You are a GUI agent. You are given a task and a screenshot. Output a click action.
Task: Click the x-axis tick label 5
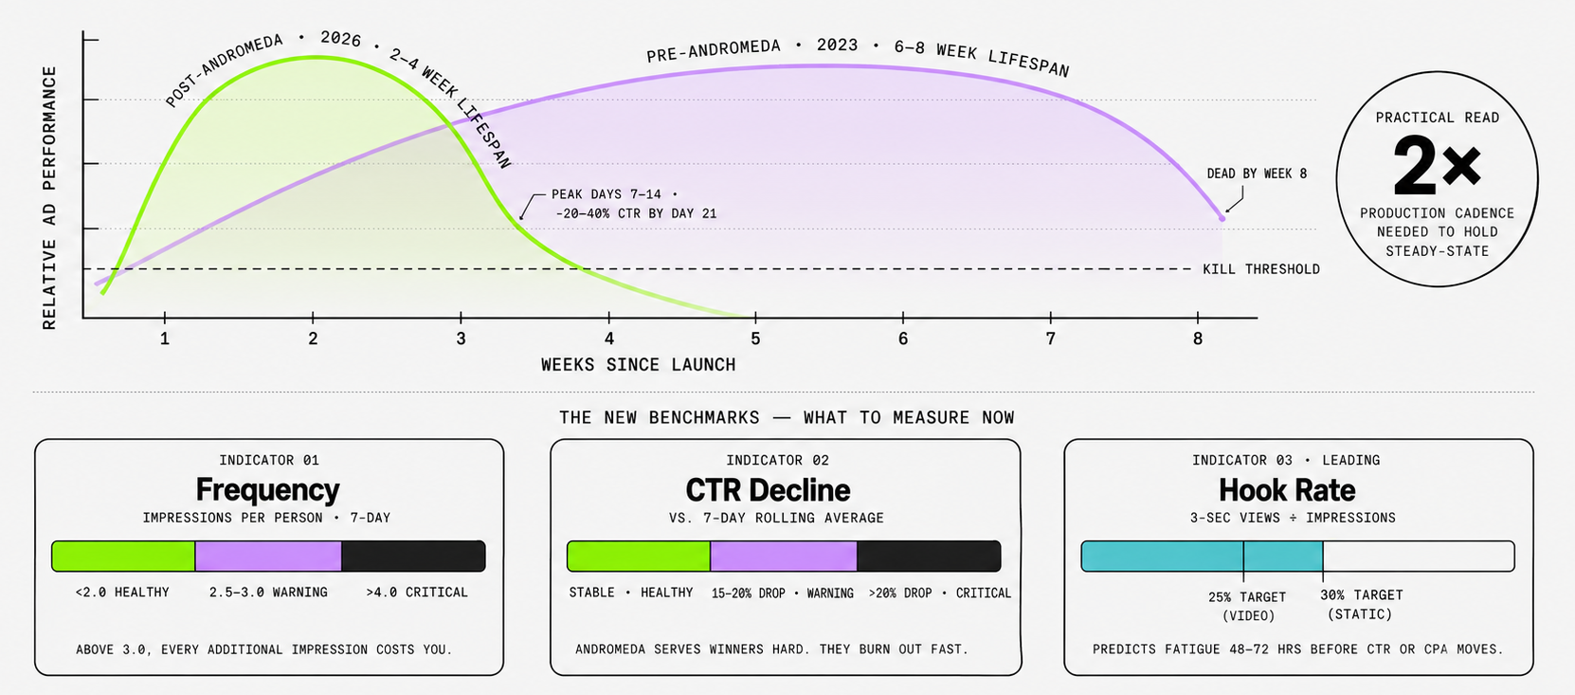coord(755,338)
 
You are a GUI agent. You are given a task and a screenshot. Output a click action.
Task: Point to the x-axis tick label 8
coord(1198,338)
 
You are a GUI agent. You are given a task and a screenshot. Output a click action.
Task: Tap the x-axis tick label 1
coord(165,338)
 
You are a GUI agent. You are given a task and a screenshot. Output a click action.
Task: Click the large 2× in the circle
coord(1437,166)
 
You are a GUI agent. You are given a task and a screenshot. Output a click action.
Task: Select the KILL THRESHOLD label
coord(1260,269)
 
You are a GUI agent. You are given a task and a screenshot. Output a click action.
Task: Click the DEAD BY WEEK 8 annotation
coord(1256,174)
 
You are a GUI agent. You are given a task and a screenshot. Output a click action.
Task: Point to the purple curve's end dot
coord(1222,219)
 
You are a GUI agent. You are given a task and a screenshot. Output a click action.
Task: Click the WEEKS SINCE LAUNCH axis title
coord(638,365)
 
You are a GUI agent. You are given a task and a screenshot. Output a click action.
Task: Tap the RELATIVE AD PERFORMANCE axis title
coord(49,197)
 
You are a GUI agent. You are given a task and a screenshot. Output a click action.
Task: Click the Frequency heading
coord(267,489)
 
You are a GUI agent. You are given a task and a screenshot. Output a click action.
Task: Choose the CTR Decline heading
coord(768,490)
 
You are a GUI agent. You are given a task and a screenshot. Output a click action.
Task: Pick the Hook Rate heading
coord(1286,490)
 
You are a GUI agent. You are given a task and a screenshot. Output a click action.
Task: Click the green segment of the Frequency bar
coord(123,557)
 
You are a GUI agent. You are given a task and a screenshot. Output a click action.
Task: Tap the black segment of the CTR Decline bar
coord(928,557)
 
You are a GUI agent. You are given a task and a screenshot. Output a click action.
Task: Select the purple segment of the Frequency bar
coord(268,557)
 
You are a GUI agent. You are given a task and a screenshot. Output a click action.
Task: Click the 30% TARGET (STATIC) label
coord(1361,604)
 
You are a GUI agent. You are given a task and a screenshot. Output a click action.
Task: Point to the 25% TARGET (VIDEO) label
coord(1247,606)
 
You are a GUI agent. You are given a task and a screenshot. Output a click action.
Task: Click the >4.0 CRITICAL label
coord(417,593)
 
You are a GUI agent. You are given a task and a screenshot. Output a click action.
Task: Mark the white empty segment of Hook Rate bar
coord(1418,557)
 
